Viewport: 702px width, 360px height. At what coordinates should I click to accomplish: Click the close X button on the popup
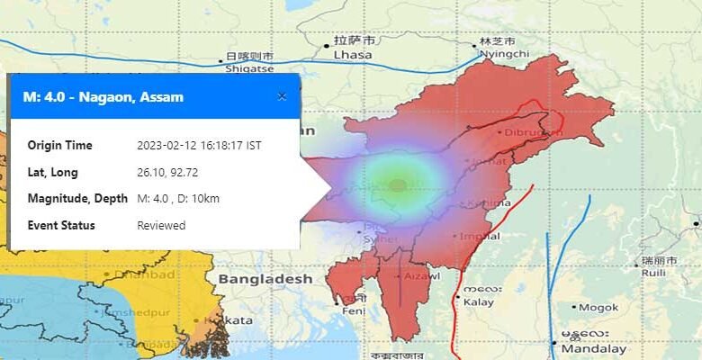pyautogui.click(x=282, y=96)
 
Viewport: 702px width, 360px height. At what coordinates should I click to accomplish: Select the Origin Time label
pyautogui.click(x=59, y=145)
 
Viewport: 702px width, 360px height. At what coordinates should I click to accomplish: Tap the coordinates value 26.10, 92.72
pyautogui.click(x=164, y=172)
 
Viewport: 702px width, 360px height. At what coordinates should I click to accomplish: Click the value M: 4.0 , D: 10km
pyautogui.click(x=178, y=198)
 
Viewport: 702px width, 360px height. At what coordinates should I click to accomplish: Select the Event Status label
pyautogui.click(x=61, y=225)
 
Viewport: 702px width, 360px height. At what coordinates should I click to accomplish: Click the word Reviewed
pyautogui.click(x=161, y=225)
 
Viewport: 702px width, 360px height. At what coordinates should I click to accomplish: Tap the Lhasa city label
pyautogui.click(x=354, y=54)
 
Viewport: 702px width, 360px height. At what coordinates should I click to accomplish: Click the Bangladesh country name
pyautogui.click(x=265, y=279)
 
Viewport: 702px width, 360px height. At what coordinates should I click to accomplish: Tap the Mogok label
pyautogui.click(x=598, y=307)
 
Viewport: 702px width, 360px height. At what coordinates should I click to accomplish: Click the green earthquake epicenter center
pyautogui.click(x=398, y=185)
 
